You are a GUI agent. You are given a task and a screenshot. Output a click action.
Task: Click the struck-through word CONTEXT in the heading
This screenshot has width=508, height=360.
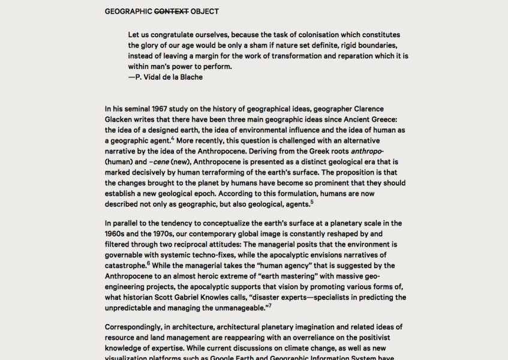(172, 11)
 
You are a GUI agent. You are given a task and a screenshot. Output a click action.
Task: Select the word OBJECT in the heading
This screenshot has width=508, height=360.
(205, 11)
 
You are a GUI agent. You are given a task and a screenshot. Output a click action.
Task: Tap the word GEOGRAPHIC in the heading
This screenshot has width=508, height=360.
(128, 11)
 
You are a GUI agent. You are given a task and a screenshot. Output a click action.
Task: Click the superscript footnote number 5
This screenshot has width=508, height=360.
(312, 202)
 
